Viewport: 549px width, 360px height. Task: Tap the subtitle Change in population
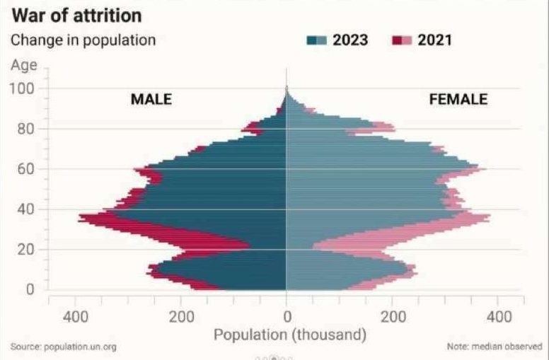[x=83, y=40]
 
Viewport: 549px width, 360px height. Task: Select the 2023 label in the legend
[x=351, y=40]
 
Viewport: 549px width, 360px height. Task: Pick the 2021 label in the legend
[x=435, y=40]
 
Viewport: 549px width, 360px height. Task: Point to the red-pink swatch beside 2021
[x=401, y=40]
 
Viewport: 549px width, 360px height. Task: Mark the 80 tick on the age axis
[x=25, y=129]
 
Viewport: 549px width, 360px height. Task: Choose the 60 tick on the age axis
[x=25, y=169]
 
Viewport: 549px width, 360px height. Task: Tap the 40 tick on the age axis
[x=25, y=209]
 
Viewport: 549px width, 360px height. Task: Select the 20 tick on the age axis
[x=25, y=250]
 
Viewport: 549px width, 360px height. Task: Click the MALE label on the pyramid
[x=151, y=100]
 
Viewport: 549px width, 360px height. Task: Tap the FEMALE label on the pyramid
[x=458, y=100]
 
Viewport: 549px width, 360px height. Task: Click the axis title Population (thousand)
[x=289, y=333]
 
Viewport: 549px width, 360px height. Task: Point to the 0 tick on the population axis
[x=286, y=316]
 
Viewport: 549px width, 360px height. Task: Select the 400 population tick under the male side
[x=76, y=316]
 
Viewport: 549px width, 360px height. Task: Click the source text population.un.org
[x=64, y=347]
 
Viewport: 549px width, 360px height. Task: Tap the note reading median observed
[x=493, y=347]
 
